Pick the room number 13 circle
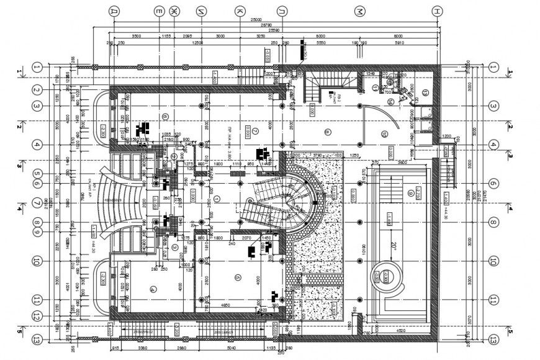425,92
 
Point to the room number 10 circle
384,133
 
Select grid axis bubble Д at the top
113,11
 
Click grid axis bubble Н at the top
438,11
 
